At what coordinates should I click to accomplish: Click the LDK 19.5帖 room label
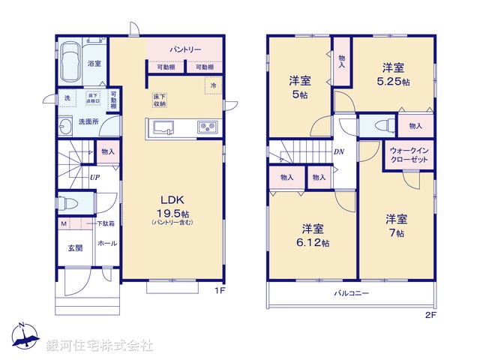[172, 207]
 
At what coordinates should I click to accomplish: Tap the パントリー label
[185, 49]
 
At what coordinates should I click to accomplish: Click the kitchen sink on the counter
[163, 127]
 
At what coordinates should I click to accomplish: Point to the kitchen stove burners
[207, 127]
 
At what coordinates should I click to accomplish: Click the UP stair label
[94, 178]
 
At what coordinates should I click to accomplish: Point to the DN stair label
[339, 151]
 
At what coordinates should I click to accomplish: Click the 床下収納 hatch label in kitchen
[160, 100]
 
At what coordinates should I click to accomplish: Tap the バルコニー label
[351, 293]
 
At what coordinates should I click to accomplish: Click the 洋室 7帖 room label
[396, 226]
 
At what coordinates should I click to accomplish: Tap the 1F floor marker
[221, 290]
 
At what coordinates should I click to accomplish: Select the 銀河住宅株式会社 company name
[99, 346]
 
